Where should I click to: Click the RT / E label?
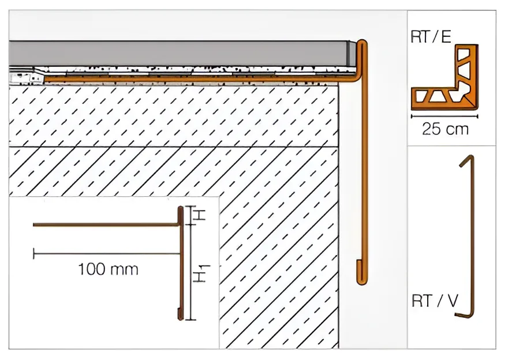coord(431,37)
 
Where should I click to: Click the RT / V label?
coord(435,301)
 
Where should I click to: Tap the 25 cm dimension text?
coord(445,129)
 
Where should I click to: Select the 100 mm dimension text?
coord(108,269)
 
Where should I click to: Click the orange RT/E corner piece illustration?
coord(444,78)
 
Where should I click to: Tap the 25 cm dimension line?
coord(444,115)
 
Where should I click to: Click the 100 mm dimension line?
coord(106,253)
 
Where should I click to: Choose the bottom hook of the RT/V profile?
coord(464,316)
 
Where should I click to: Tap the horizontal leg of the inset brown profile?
coord(106,224)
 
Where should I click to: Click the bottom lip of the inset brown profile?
coord(179,313)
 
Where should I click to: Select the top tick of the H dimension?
coord(192,206)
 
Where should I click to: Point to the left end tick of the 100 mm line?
coord(33,253)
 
